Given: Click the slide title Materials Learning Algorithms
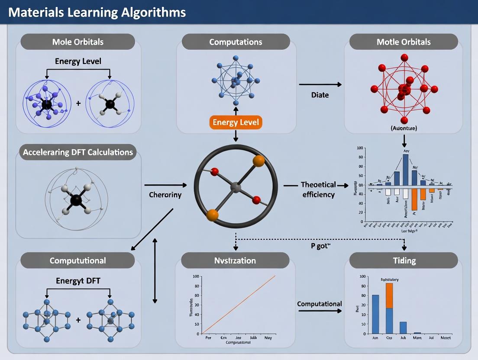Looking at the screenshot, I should [x=97, y=12].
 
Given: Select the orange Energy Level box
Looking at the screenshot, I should [x=236, y=122].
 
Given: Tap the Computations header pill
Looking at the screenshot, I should [x=236, y=42].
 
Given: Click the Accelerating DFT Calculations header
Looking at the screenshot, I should [x=78, y=152].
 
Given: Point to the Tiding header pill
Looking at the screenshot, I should [x=404, y=260].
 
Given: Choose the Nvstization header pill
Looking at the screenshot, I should [x=236, y=260].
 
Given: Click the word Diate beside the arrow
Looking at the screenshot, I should [x=320, y=95].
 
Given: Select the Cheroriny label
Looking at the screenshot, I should [x=165, y=195].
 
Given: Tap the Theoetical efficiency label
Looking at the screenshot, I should [x=318, y=190].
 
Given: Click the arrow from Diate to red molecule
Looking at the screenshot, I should [x=320, y=84].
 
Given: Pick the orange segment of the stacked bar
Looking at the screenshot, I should [x=389, y=296].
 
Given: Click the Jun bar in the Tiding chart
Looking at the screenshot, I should [x=375, y=314].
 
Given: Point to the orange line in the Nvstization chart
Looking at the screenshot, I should [x=238, y=305].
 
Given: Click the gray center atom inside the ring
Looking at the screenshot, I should [x=236, y=187].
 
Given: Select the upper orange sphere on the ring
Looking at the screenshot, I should [x=258, y=161].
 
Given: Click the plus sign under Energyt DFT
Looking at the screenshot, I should [x=78, y=320].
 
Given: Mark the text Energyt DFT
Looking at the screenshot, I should [x=78, y=281].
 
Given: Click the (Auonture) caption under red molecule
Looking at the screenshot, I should [x=404, y=128].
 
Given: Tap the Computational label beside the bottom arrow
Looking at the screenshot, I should [x=320, y=304].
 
